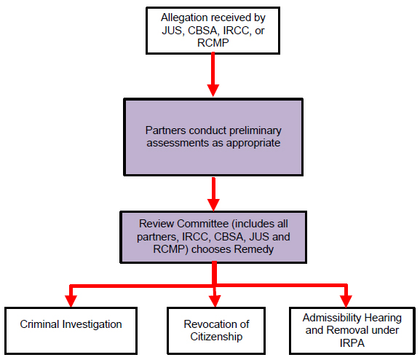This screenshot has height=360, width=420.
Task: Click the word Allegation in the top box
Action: [x=184, y=17]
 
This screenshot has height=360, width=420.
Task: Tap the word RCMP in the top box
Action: [x=213, y=43]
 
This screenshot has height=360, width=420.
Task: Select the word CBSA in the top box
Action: [x=202, y=31]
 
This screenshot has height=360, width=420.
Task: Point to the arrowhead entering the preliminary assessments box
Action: [x=213, y=90]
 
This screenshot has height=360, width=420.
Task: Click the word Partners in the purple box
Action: [x=165, y=130]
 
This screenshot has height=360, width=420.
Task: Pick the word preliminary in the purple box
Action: [x=255, y=131]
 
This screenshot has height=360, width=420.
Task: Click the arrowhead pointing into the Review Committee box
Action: [x=213, y=205]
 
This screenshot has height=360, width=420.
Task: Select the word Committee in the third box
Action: [x=202, y=224]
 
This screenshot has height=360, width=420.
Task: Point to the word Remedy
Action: [x=253, y=250]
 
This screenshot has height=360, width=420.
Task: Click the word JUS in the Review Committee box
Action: [x=258, y=237]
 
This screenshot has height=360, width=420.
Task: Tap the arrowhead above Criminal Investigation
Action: [x=71, y=301]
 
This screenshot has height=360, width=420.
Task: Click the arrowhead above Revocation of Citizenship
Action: [x=215, y=301]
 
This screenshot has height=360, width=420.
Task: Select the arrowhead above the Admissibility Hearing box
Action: [x=346, y=301]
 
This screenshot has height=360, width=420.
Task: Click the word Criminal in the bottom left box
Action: [x=39, y=324]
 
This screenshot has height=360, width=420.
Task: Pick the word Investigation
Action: [x=92, y=325]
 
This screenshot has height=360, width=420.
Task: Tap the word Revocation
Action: [x=208, y=324]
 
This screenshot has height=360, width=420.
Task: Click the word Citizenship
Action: [x=216, y=337]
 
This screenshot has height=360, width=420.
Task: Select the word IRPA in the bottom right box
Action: [x=352, y=343]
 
